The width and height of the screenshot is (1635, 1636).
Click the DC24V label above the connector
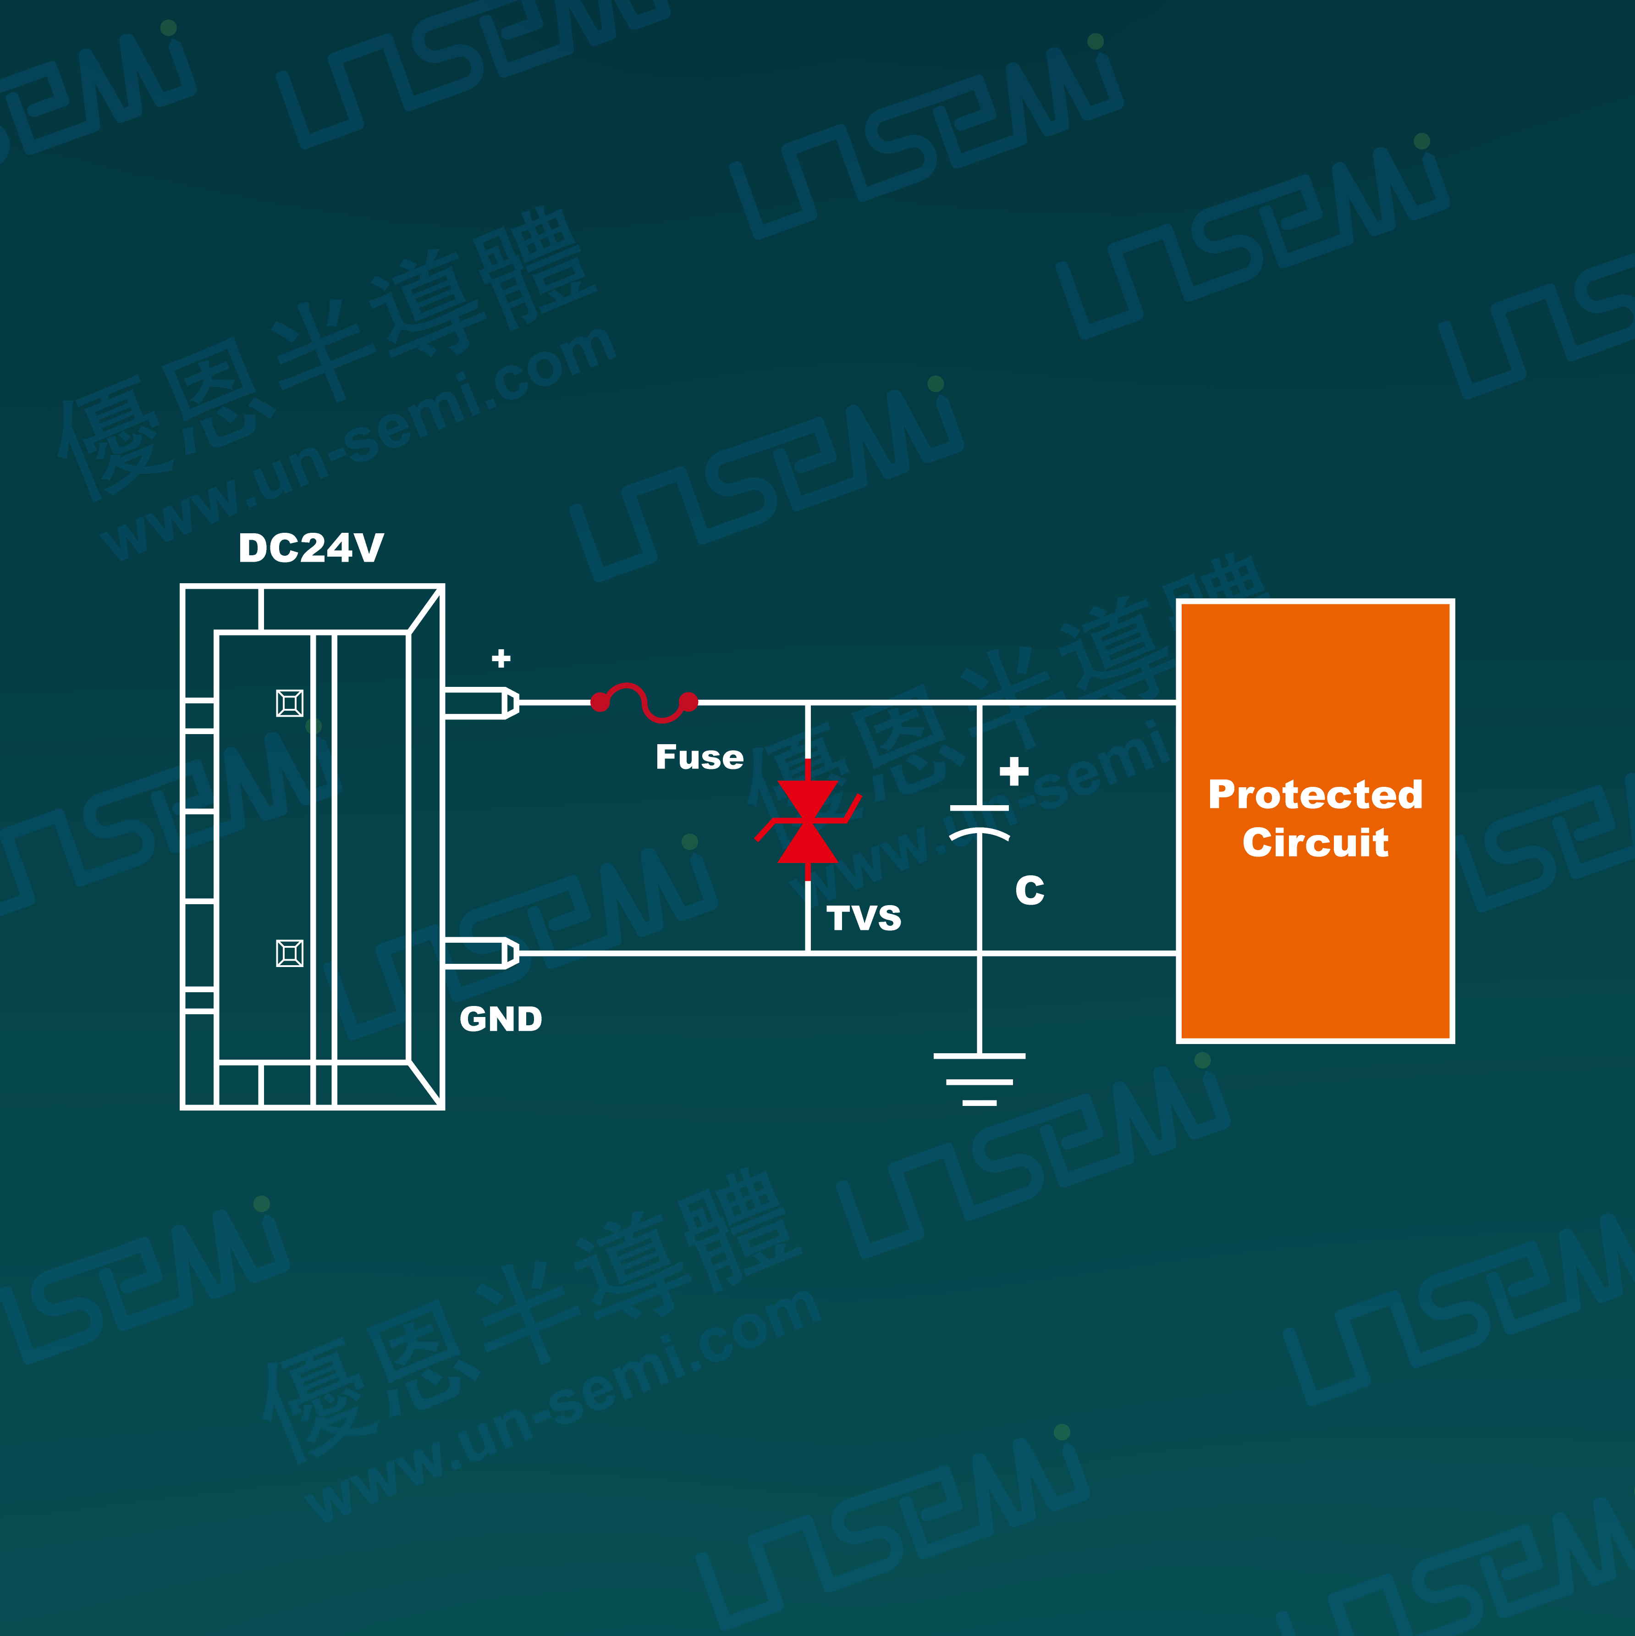[x=311, y=548]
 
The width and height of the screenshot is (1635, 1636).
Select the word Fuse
[x=699, y=757]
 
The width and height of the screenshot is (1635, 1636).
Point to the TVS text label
[x=864, y=918]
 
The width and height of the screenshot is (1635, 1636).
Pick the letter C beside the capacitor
[x=1029, y=890]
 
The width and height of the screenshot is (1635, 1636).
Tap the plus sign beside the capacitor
[x=1013, y=771]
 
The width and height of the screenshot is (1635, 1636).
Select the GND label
[x=501, y=1020]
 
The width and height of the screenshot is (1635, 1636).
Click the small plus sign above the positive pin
[x=501, y=658]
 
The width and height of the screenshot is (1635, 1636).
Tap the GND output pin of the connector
[x=481, y=953]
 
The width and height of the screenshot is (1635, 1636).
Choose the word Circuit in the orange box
[x=1315, y=843]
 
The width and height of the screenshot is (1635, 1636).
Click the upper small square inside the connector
[x=290, y=703]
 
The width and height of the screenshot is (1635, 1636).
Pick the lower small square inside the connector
[x=290, y=953]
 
